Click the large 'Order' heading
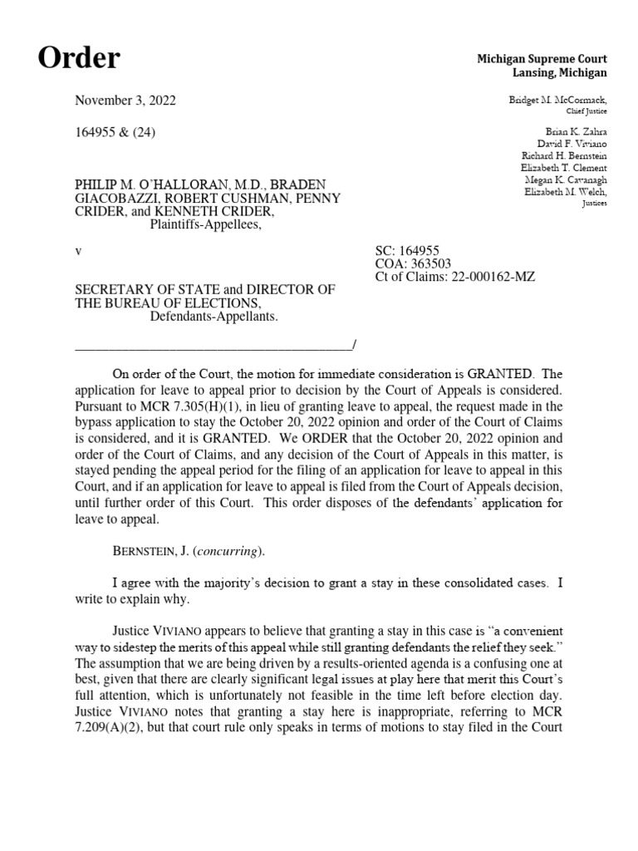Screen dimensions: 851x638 tap(79, 58)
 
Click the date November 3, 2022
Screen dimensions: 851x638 tap(125, 101)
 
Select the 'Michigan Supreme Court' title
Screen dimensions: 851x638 tap(542, 59)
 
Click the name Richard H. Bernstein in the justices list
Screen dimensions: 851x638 tap(564, 155)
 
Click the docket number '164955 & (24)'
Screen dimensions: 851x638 tap(115, 132)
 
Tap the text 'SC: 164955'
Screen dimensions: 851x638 tap(408, 249)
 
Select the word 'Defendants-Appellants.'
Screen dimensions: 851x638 tap(213, 317)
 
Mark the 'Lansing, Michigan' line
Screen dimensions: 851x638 tap(554, 73)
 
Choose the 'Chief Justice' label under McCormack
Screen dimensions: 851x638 tap(586, 111)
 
